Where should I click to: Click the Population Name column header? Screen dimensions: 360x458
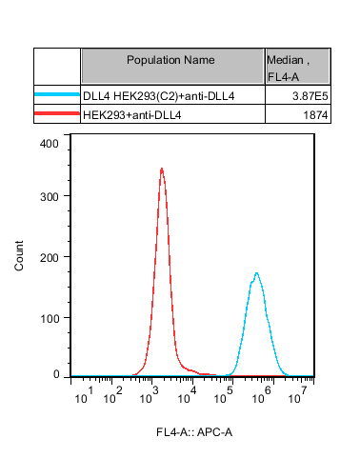(170, 60)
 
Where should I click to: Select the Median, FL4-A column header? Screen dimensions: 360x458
(288, 68)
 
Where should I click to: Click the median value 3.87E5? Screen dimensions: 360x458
(310, 96)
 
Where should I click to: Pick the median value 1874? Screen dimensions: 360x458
(315, 115)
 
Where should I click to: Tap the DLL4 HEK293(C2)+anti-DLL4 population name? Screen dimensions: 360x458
(159, 96)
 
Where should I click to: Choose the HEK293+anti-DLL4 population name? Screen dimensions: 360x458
(132, 115)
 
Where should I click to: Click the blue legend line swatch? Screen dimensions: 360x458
(57, 94)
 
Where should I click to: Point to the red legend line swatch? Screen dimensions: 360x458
(57, 113)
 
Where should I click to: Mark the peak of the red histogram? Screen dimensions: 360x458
(162, 169)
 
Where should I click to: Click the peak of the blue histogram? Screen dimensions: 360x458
(256, 273)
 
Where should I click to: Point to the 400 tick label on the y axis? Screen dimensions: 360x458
(50, 144)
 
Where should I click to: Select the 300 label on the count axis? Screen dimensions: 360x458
(50, 197)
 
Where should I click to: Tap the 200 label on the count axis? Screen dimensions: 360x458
(50, 258)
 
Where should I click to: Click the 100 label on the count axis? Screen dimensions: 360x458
(50, 319)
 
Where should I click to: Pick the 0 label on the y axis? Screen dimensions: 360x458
(56, 374)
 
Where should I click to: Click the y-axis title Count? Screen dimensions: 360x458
(19, 256)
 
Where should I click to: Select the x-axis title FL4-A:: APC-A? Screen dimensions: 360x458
(194, 432)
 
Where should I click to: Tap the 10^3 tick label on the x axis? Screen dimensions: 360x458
(150, 395)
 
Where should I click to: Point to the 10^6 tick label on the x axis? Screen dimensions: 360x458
(262, 395)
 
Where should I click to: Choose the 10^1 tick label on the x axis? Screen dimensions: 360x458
(84, 395)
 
